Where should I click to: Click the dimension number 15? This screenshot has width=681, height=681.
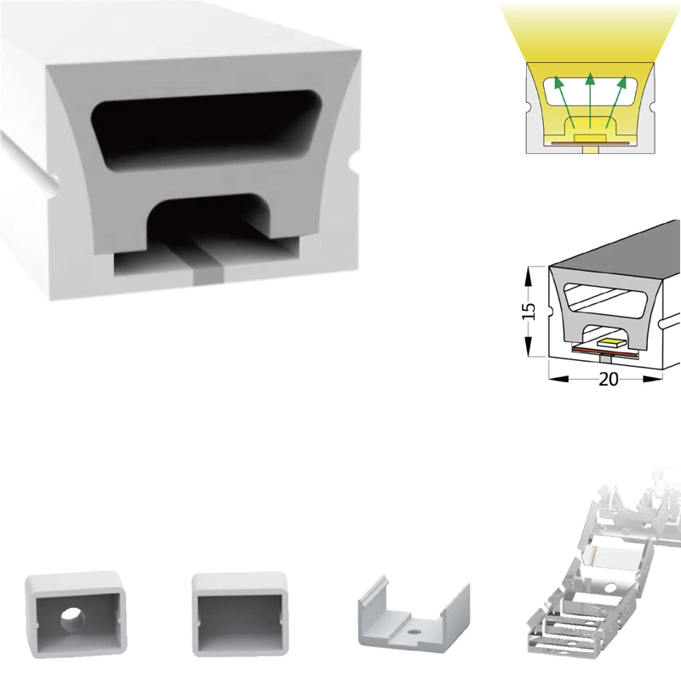pos(528,311)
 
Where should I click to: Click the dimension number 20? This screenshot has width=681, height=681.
pos(608,380)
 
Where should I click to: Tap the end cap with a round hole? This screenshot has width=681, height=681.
pos(77,615)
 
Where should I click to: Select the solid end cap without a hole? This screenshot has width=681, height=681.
pos(240,614)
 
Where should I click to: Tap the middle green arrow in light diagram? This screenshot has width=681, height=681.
pos(590,100)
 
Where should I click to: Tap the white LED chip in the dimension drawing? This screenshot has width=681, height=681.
pos(612,342)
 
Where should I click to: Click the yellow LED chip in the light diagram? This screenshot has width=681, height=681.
pos(590,138)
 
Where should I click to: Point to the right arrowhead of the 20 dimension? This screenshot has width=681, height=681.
pos(653,379)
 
